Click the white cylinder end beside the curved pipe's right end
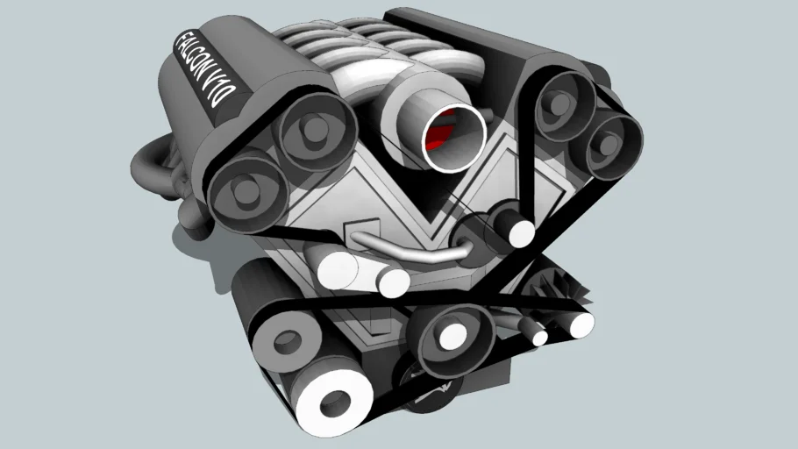pyautogui.click(x=520, y=232)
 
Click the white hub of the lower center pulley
pyautogui.click(x=453, y=336)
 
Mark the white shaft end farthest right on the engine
pyautogui.click(x=580, y=325)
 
